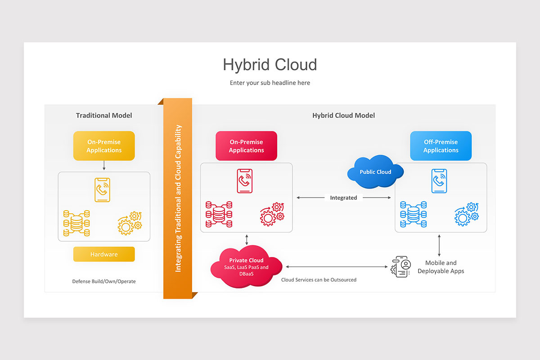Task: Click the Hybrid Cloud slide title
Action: (x=270, y=65)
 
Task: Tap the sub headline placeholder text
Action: (x=270, y=83)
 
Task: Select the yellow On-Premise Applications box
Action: (x=104, y=146)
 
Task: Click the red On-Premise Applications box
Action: (x=246, y=146)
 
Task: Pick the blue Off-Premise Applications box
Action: (x=441, y=146)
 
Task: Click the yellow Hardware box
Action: (x=104, y=254)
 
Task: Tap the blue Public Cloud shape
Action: (x=375, y=172)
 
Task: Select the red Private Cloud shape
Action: (x=246, y=266)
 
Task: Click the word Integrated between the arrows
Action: (x=343, y=198)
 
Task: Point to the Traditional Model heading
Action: (x=104, y=116)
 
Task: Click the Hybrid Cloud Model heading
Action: (x=343, y=116)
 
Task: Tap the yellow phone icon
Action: (x=103, y=189)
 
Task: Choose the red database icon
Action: (x=219, y=214)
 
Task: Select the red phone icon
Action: (x=245, y=180)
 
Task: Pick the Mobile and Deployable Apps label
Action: (x=441, y=267)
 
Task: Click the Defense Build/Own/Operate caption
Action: (x=104, y=281)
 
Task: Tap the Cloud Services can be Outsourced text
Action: (x=319, y=280)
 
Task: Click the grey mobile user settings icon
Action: (x=401, y=267)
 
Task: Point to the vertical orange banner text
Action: (x=178, y=198)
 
